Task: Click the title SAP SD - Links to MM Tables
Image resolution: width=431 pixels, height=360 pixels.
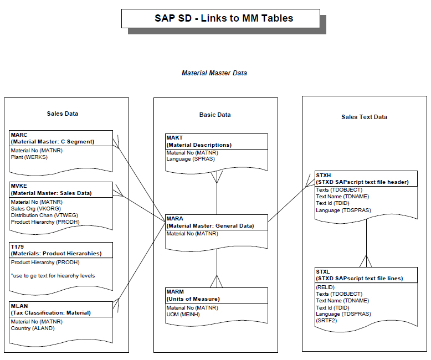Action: tap(224, 18)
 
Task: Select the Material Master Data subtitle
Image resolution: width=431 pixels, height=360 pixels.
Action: tap(214, 73)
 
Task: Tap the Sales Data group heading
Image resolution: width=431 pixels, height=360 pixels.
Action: tap(63, 114)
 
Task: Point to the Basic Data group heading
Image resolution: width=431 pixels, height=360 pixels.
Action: tap(215, 115)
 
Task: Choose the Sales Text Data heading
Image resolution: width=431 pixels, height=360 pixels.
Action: tap(364, 117)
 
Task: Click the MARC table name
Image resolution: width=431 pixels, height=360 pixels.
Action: tap(19, 135)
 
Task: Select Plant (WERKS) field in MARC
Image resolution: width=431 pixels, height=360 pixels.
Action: tap(29, 157)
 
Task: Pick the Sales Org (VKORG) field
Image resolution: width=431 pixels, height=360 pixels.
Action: tap(36, 209)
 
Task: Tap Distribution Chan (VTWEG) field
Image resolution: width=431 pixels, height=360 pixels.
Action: tap(44, 215)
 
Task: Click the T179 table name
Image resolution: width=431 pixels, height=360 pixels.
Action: tap(17, 246)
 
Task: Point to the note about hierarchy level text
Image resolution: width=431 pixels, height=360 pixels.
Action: tap(53, 276)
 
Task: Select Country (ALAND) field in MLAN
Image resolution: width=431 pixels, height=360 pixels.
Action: tap(33, 328)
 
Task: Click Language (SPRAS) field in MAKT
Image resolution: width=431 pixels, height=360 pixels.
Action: tap(191, 159)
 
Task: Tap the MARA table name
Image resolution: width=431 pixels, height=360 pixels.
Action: tap(175, 218)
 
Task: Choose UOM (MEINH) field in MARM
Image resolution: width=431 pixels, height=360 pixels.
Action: tap(183, 315)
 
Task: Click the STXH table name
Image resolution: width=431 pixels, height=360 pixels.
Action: tap(324, 175)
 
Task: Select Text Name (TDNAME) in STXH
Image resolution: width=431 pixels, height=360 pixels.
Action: tap(342, 197)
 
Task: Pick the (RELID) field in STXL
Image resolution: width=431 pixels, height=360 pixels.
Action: tap(325, 287)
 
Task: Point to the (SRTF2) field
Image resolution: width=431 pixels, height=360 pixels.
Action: tap(326, 321)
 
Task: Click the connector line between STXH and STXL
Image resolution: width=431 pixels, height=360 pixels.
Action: tap(366, 243)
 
